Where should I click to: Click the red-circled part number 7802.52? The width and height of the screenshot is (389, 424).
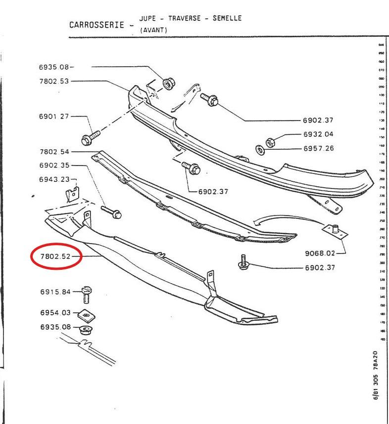55,256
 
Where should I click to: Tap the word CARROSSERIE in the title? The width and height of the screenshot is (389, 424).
96,25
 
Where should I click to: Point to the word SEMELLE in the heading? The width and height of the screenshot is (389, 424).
227,18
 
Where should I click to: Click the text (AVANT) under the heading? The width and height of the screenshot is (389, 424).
154,30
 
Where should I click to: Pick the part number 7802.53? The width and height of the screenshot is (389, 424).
54,81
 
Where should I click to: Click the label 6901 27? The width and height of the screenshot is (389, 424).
54,117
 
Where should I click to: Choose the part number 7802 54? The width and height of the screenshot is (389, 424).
54,152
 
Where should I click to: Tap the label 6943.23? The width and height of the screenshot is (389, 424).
54,179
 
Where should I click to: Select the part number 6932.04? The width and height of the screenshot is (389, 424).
318,134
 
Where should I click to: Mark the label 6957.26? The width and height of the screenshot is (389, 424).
318,148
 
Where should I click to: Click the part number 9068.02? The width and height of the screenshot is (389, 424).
320,254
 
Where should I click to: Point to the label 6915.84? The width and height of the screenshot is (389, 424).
55,292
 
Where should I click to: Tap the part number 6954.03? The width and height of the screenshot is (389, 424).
55,313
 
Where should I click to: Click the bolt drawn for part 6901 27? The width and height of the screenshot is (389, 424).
91,136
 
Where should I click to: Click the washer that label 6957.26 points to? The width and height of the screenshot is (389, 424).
259,149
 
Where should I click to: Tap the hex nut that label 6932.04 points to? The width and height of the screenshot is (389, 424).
270,142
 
